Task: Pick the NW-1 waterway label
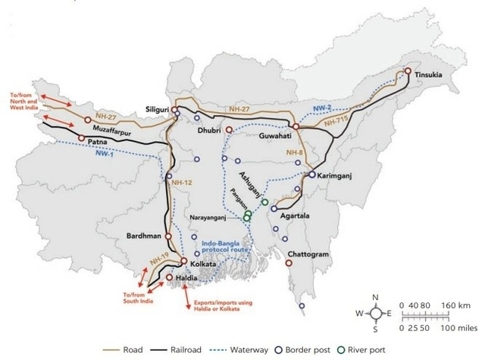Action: pos(107,154)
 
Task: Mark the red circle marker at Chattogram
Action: pos(289,263)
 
